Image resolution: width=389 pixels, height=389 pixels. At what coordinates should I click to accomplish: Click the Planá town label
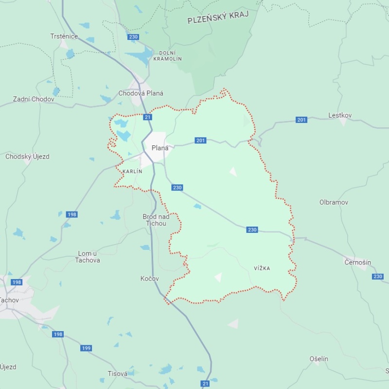click(x=160, y=148)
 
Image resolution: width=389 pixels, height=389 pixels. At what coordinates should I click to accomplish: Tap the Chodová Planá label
click(x=141, y=93)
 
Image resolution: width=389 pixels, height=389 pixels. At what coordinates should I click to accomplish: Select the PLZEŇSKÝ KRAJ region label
click(x=218, y=17)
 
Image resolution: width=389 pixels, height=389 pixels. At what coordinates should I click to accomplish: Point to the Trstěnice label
click(x=65, y=36)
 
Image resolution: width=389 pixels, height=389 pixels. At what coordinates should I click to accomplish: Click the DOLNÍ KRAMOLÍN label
click(x=167, y=55)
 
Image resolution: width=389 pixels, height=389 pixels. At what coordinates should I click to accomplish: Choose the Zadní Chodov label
click(x=34, y=99)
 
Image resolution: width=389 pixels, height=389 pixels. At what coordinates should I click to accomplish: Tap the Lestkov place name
click(x=340, y=115)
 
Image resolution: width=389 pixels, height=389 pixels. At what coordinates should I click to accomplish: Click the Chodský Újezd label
click(x=27, y=157)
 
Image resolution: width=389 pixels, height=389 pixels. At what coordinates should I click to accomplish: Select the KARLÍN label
click(x=132, y=172)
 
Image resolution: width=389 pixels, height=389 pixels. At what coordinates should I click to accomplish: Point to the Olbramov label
click(x=334, y=202)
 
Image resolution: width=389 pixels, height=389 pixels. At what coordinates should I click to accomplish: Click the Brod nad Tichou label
click(x=156, y=220)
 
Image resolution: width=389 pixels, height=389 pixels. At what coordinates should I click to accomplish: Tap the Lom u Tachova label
click(x=88, y=257)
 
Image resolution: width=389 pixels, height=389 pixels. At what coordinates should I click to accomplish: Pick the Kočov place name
click(x=150, y=279)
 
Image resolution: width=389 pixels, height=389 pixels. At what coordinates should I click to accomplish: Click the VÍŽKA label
click(x=262, y=268)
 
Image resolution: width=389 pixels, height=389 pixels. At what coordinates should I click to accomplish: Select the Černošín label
click(x=357, y=263)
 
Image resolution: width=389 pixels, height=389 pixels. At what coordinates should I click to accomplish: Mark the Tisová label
click(x=118, y=373)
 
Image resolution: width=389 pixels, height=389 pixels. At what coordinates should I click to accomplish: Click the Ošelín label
click(x=319, y=359)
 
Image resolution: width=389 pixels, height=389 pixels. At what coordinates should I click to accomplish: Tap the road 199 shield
click(x=86, y=348)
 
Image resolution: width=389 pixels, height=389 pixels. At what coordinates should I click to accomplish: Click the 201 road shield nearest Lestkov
click(x=301, y=120)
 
